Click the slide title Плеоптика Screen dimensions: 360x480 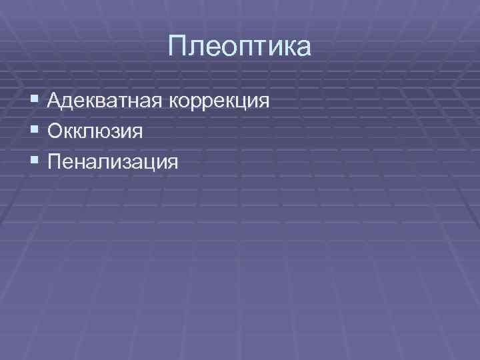tap(239, 47)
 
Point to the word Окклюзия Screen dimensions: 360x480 tap(95, 131)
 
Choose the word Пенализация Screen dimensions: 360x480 tap(113, 161)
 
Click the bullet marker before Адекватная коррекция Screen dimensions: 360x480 tap(34, 102)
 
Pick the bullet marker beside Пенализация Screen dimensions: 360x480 tap(34, 161)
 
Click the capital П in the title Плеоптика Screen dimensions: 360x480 tap(178, 47)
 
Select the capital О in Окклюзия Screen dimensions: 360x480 tap(55, 131)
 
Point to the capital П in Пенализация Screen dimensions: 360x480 tap(55, 161)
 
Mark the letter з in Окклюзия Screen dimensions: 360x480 tap(119, 132)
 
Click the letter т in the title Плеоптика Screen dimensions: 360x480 tap(263, 49)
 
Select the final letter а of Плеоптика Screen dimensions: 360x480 tap(303, 49)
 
